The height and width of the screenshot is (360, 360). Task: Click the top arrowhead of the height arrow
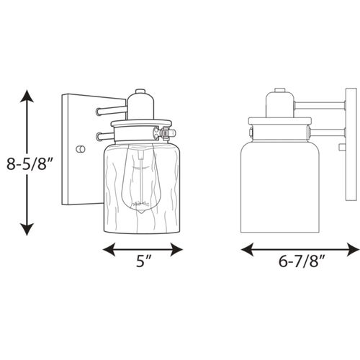27,96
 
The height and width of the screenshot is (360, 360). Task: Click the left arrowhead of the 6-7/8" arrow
246,250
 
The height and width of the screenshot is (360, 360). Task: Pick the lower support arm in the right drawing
328,132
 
